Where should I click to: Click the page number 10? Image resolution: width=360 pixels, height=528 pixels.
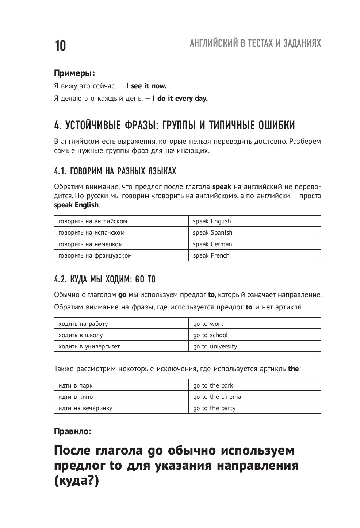click(x=61, y=46)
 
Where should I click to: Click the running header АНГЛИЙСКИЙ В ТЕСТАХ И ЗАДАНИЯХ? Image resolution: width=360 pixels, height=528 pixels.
click(x=255, y=43)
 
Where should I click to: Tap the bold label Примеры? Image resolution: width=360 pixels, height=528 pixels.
click(x=74, y=73)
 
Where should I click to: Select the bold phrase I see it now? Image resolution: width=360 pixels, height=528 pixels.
click(x=146, y=86)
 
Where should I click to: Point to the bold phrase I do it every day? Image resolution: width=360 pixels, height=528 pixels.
click(x=180, y=99)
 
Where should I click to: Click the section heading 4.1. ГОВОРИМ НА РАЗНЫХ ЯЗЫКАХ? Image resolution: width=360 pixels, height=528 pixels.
click(x=115, y=171)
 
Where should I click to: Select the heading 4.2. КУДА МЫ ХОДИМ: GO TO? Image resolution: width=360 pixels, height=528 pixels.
click(x=105, y=280)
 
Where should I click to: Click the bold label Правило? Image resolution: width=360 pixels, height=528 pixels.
click(x=73, y=431)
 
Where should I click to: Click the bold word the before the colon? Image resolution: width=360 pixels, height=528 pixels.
click(x=293, y=369)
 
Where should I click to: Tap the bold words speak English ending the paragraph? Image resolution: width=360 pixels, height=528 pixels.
click(x=76, y=205)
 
